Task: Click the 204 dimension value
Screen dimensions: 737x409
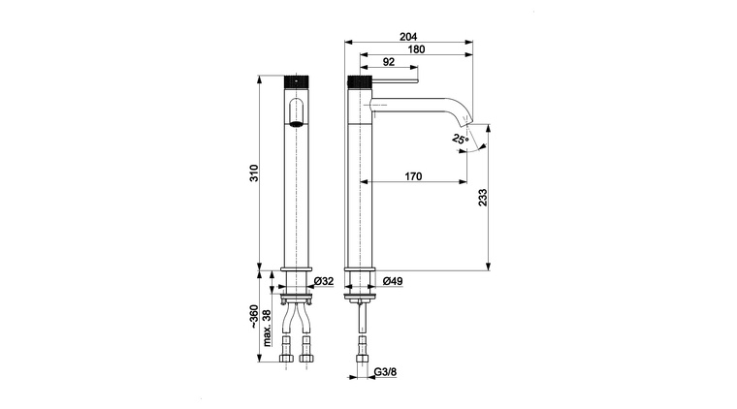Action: tap(408, 37)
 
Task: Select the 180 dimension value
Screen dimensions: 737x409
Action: tap(416, 49)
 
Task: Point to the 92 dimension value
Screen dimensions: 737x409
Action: tap(389, 62)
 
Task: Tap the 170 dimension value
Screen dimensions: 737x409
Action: tap(413, 176)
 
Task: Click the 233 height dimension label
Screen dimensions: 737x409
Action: tap(483, 198)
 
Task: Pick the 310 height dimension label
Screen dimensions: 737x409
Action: tap(254, 173)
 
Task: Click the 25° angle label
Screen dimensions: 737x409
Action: tap(461, 139)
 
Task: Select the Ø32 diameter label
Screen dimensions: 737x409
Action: tap(324, 281)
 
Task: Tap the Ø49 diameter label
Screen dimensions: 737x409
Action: tap(393, 281)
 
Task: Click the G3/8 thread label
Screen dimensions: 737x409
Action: tap(385, 372)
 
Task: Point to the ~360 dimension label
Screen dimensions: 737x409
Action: tap(253, 317)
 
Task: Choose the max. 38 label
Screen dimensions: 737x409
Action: tap(267, 329)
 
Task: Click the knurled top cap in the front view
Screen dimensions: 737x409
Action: tap(296, 81)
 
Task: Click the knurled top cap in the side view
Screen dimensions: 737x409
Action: tap(360, 81)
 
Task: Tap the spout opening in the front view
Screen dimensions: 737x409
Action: tap(296, 124)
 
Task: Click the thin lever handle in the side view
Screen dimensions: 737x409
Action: tap(395, 81)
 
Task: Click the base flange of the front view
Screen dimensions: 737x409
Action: tap(296, 269)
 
